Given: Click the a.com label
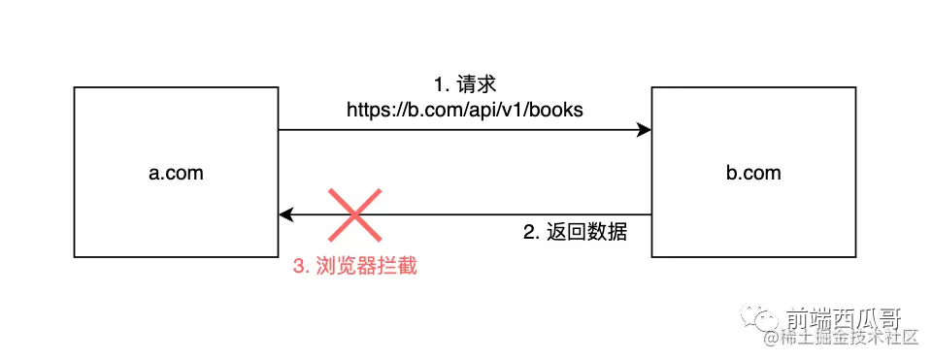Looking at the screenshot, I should [x=176, y=173].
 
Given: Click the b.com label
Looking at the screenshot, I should [x=753, y=173].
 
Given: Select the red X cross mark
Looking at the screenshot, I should [x=354, y=214].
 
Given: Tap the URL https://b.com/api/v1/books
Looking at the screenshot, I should [x=465, y=110].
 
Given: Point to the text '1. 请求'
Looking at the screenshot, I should [x=464, y=84].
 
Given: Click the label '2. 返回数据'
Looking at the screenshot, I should [x=576, y=233].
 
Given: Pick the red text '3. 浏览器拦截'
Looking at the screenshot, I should [x=355, y=265].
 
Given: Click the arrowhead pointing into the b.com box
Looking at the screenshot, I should [x=644, y=129].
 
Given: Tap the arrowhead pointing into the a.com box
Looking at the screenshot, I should [x=286, y=214].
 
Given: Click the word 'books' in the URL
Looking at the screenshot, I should [x=558, y=110].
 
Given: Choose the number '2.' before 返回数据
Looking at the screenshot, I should [x=530, y=233].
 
